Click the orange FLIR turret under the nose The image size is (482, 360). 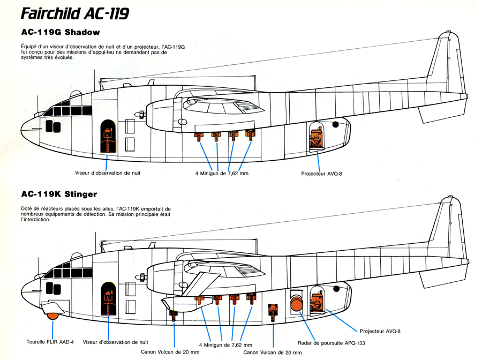tap(52, 317)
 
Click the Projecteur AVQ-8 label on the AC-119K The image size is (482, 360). tap(380, 331)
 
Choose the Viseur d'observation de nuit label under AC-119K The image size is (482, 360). tap(115, 341)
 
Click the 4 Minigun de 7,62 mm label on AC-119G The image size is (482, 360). tap(222, 173)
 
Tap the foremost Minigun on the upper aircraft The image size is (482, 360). tap(200, 136)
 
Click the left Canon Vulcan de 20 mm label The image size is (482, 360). tap(170, 352)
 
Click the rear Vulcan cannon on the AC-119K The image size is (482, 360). tap(273, 312)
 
